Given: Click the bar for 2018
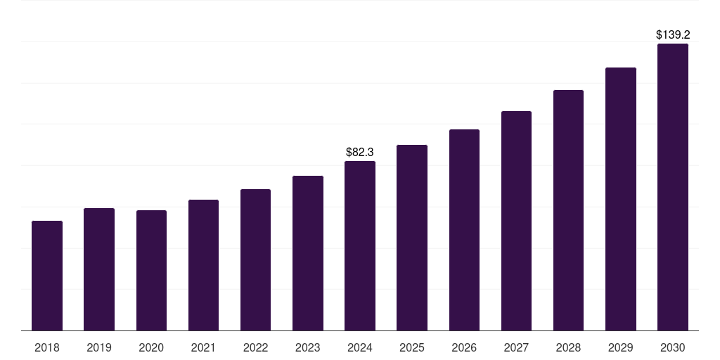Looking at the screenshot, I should click(x=47, y=276).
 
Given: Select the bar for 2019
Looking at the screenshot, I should click(x=99, y=269).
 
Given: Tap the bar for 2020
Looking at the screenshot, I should click(x=151, y=271).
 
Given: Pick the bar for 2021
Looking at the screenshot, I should click(x=203, y=265).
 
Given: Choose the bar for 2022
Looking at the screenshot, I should click(x=255, y=260).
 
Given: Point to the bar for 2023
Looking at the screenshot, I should click(x=308, y=253).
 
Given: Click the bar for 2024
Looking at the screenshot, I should click(x=360, y=246).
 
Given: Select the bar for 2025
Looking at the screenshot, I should click(x=412, y=238).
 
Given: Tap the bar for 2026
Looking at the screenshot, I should click(x=464, y=230).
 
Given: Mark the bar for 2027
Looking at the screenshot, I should click(x=516, y=221).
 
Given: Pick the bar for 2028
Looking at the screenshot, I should click(x=568, y=210).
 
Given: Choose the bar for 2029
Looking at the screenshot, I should click(x=620, y=199).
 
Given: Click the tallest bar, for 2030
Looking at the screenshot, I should click(x=673, y=187).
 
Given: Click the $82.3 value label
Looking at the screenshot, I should click(x=360, y=152).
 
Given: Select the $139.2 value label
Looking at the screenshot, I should click(x=672, y=34).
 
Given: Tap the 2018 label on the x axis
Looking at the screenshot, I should click(x=47, y=347).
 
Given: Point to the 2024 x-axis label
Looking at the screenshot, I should click(x=360, y=347).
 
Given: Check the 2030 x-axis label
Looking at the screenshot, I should click(x=673, y=347).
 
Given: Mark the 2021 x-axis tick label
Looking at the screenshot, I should click(x=203, y=347).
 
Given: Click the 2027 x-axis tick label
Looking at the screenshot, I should click(x=516, y=347).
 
